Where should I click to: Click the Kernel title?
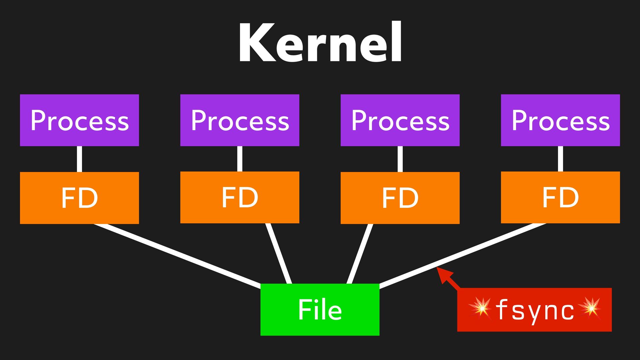(320, 43)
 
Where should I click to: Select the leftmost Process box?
(79, 120)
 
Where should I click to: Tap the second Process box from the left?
(240, 120)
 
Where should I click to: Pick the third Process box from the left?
(400, 120)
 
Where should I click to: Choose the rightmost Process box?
(560, 120)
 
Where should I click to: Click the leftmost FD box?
(79, 198)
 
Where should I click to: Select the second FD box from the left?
(240, 197)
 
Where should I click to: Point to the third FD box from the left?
(400, 198)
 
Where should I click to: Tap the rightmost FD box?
(560, 197)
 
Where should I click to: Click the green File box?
(320, 309)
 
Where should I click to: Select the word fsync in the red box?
(535, 310)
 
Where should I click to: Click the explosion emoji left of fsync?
(480, 307)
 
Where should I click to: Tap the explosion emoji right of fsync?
(590, 307)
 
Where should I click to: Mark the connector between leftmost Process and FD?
(79, 159)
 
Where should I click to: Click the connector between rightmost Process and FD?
(560, 159)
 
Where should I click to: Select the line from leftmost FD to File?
(177, 254)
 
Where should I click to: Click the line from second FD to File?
(279, 253)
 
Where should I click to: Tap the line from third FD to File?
(360, 253)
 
